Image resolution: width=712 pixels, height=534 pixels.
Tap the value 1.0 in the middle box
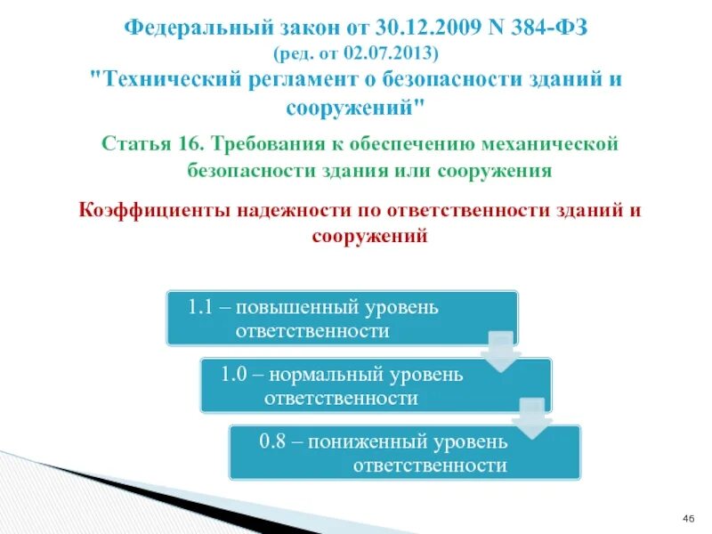(x=233, y=374)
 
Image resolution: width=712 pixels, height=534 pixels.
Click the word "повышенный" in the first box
(x=301, y=308)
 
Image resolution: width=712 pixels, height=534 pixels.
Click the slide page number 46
(x=687, y=519)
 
